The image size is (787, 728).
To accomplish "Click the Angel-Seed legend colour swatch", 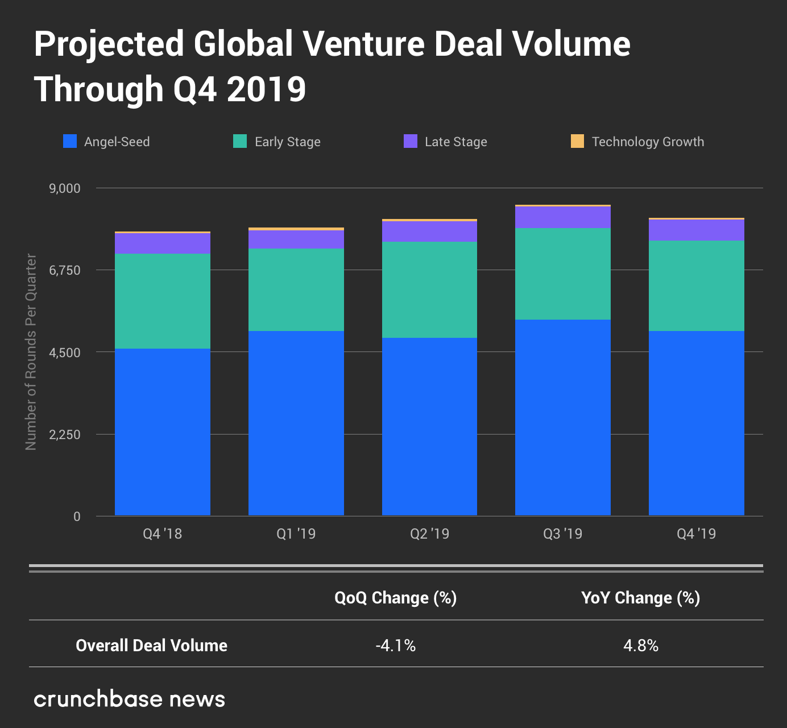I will coord(70,141).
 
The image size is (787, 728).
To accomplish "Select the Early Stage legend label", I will coord(287,142).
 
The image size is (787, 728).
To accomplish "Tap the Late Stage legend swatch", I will coord(411,141).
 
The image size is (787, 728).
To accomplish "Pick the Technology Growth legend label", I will coord(648,142).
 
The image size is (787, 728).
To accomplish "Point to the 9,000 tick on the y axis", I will coord(65,188).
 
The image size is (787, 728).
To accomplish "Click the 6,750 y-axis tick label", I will coord(65,270).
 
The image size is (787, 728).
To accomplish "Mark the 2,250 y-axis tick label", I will coord(65,435).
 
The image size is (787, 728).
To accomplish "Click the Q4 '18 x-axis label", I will coord(163,533).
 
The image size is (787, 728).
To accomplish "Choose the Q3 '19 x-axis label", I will coord(563,533).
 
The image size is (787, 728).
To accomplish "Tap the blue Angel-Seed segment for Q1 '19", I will coord(296,423).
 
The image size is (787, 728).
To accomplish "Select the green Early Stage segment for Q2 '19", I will coord(429,290).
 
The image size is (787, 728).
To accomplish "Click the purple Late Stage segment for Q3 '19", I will coord(563,217).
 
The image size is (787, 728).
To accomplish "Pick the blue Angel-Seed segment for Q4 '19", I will coord(697,423).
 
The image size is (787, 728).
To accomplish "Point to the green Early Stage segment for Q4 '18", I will coord(163,301).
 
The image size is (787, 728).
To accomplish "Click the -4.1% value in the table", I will coord(396,646).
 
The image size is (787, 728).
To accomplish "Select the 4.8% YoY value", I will coord(641,646).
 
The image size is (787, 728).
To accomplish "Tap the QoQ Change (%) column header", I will coord(396,598).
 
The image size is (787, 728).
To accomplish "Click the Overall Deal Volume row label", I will coord(151,646).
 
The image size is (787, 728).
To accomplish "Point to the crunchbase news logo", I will coord(130,699).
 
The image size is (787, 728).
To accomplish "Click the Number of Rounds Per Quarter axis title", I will coord(31,352).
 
